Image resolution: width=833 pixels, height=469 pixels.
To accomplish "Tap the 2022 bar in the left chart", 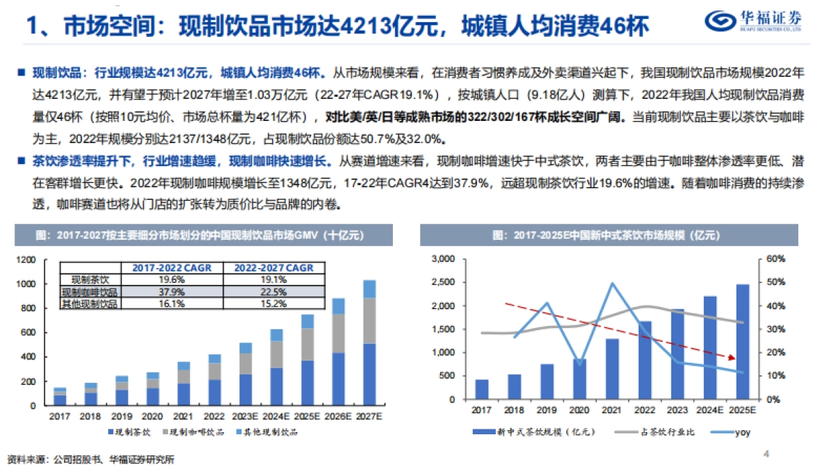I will [x=215, y=379].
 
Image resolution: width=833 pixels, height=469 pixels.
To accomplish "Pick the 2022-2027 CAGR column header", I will [x=273, y=268].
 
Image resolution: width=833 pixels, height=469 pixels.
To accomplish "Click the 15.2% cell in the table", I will [x=273, y=303].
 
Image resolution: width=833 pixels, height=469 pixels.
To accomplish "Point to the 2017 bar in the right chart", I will [x=482, y=390].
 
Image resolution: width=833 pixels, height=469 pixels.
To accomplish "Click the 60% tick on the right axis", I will [x=775, y=259].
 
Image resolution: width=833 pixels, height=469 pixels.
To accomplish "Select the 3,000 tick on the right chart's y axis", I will [x=442, y=259].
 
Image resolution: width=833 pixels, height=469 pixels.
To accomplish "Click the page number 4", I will [x=766, y=454].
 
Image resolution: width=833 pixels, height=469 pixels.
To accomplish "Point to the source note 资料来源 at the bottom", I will [x=90, y=459].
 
